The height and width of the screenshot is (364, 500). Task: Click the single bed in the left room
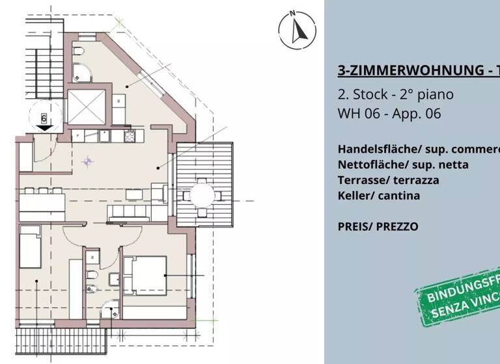tap(30, 246)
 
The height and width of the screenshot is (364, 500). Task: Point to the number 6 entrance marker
tap(44, 118)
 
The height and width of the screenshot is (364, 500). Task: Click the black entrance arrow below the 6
tap(44, 128)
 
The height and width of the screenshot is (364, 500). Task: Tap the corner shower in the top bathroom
tap(83, 74)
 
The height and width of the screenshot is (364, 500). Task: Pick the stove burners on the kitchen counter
tap(130, 136)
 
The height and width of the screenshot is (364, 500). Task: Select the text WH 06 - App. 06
tap(389, 114)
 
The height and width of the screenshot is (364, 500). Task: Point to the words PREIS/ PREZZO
tap(378, 227)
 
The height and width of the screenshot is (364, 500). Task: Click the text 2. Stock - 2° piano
tap(395, 94)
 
